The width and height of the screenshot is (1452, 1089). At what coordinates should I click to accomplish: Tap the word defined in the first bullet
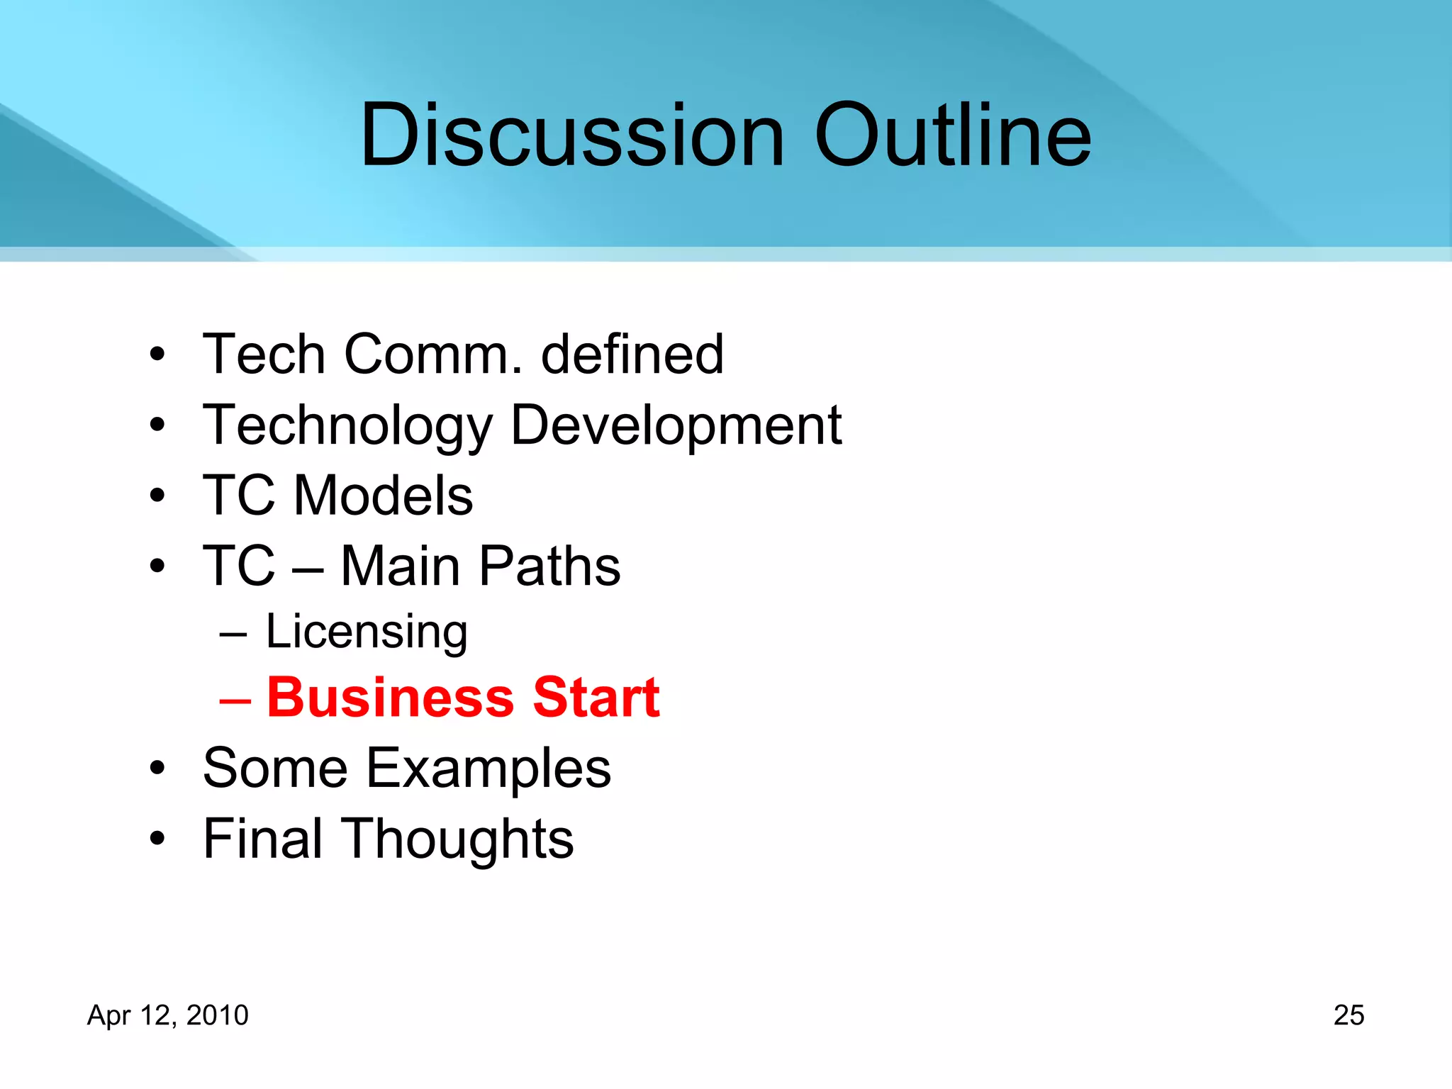(632, 354)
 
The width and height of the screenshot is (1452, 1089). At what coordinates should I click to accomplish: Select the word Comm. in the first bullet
(432, 354)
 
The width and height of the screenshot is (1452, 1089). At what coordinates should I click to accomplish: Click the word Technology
(347, 425)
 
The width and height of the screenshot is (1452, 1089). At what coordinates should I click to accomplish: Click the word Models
(383, 496)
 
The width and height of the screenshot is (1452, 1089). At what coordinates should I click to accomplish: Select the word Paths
(549, 566)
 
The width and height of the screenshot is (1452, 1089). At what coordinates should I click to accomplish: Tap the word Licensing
(367, 631)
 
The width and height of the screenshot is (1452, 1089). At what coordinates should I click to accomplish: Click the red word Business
(390, 698)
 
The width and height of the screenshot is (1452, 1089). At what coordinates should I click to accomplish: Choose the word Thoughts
(459, 839)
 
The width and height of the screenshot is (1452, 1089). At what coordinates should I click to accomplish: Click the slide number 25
(1348, 1015)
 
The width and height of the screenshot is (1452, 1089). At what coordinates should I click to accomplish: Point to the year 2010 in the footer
(217, 1015)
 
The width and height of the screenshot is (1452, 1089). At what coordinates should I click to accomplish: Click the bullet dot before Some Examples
(157, 768)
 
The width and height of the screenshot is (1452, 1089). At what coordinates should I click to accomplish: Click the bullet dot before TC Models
(157, 496)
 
